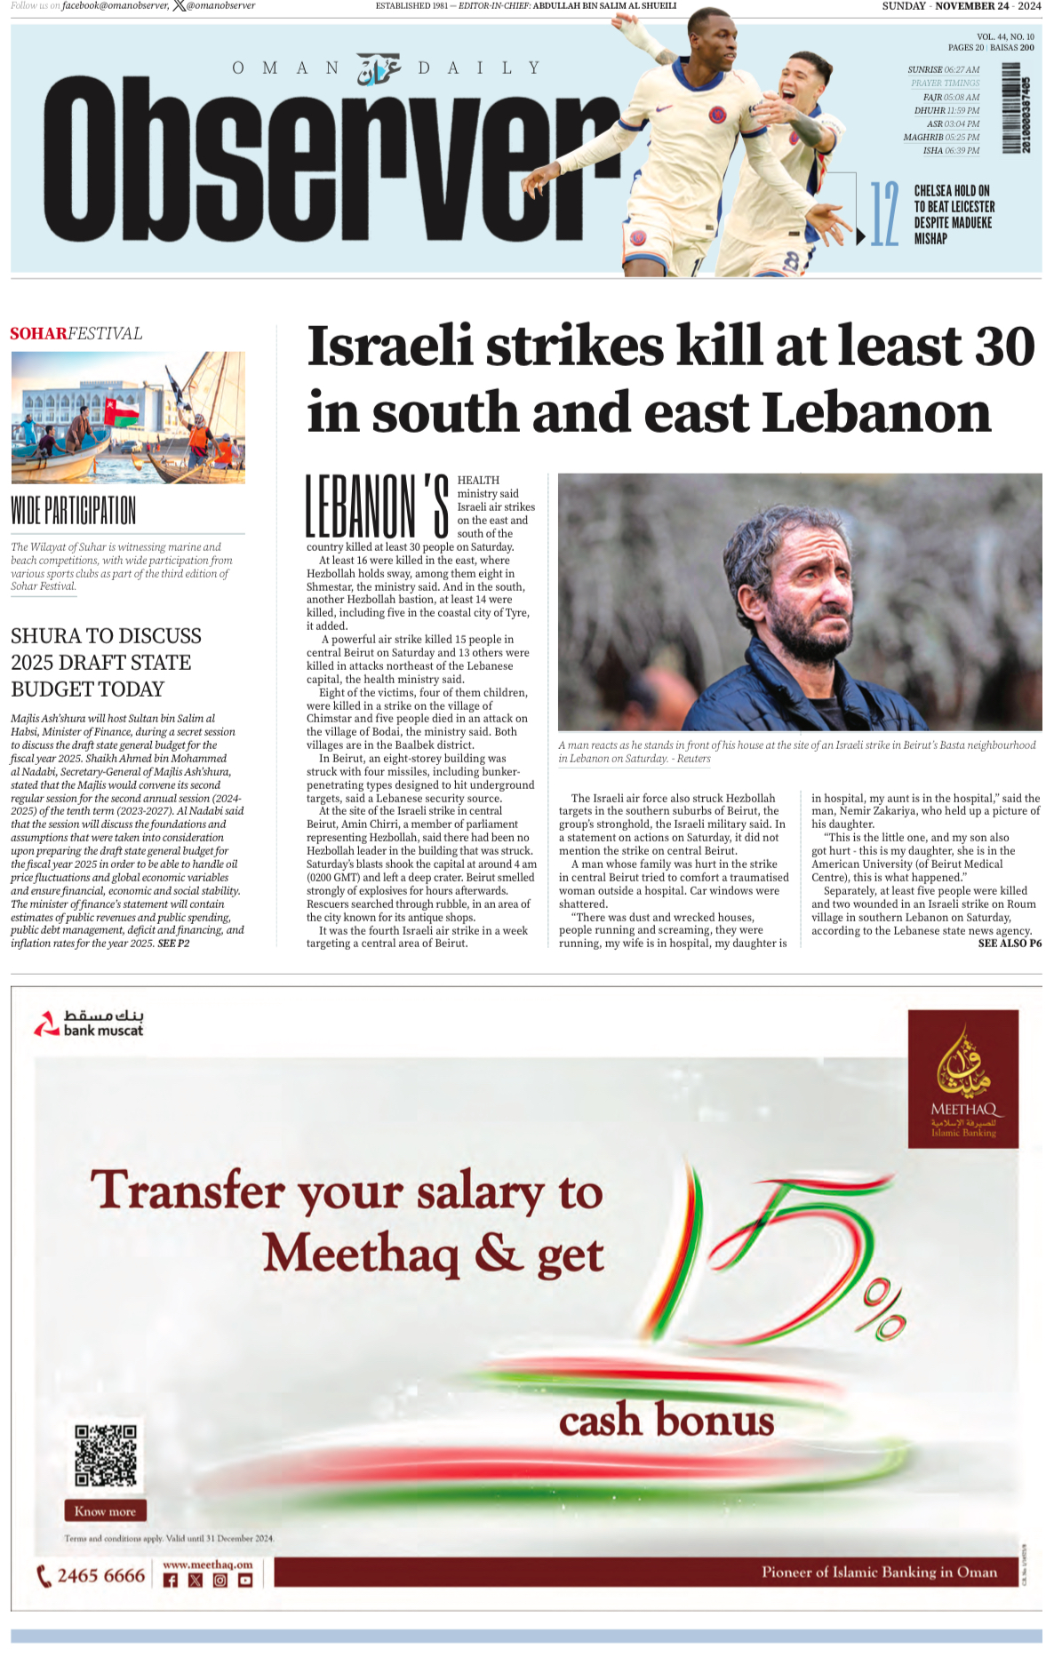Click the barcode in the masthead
coord(1017,108)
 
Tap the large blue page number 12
coord(883,214)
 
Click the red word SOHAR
coord(38,334)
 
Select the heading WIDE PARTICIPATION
coord(73,511)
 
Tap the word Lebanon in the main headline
coord(876,413)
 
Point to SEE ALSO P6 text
coord(1010,944)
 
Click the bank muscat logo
coord(88,1024)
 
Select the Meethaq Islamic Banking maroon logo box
coord(962,1079)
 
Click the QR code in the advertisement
coord(105,1455)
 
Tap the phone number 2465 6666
coord(100,1575)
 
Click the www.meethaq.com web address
coord(208,1565)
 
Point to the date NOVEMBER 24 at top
coord(971,6)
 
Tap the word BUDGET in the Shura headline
coord(48,689)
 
